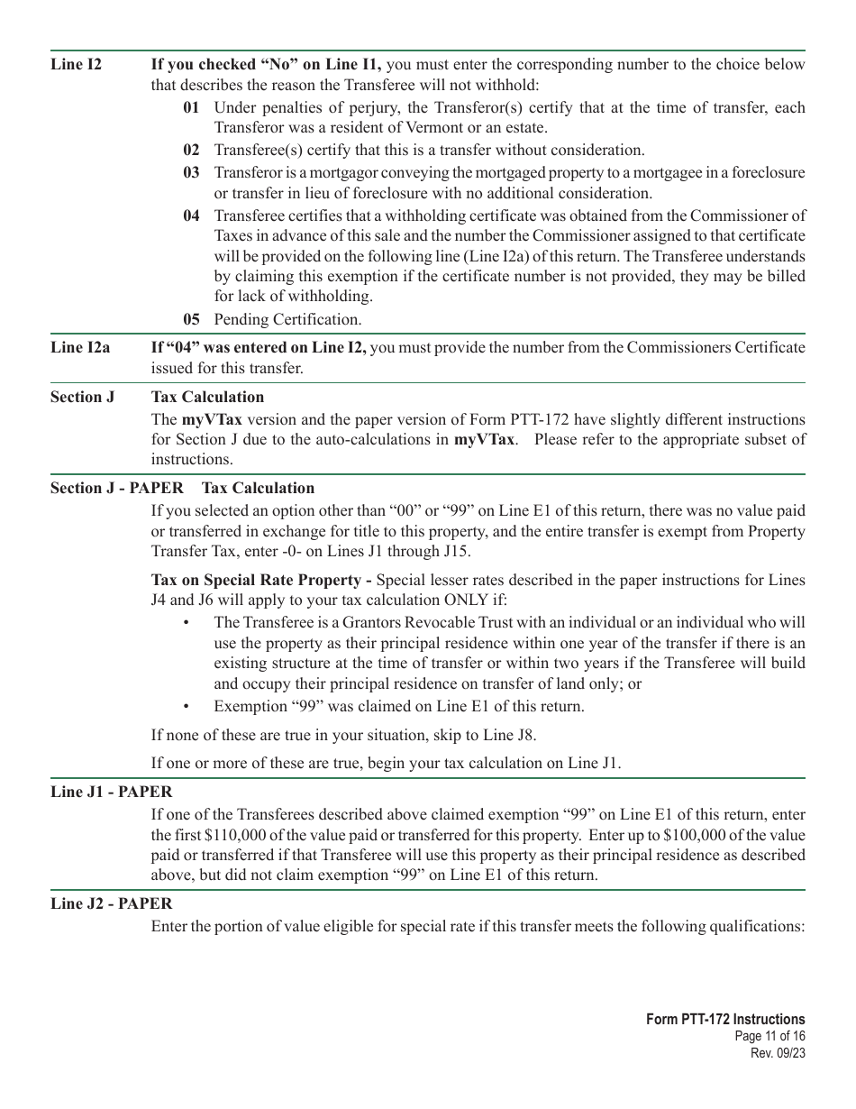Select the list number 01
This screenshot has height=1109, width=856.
(191, 108)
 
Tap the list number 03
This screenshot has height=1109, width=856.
(191, 172)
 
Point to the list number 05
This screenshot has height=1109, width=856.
(191, 319)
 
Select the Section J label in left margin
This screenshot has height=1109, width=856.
(82, 397)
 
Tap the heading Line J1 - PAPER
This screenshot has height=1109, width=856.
(111, 793)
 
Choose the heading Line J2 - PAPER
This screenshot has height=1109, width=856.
(111, 903)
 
